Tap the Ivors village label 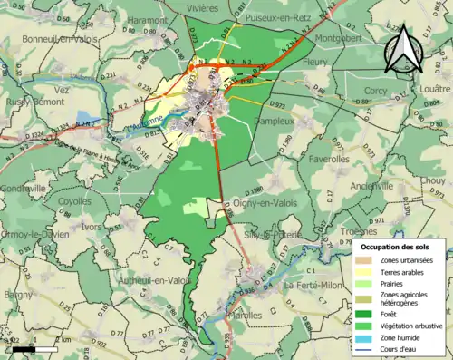coord(92,226)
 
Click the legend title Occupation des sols coord(396,246)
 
